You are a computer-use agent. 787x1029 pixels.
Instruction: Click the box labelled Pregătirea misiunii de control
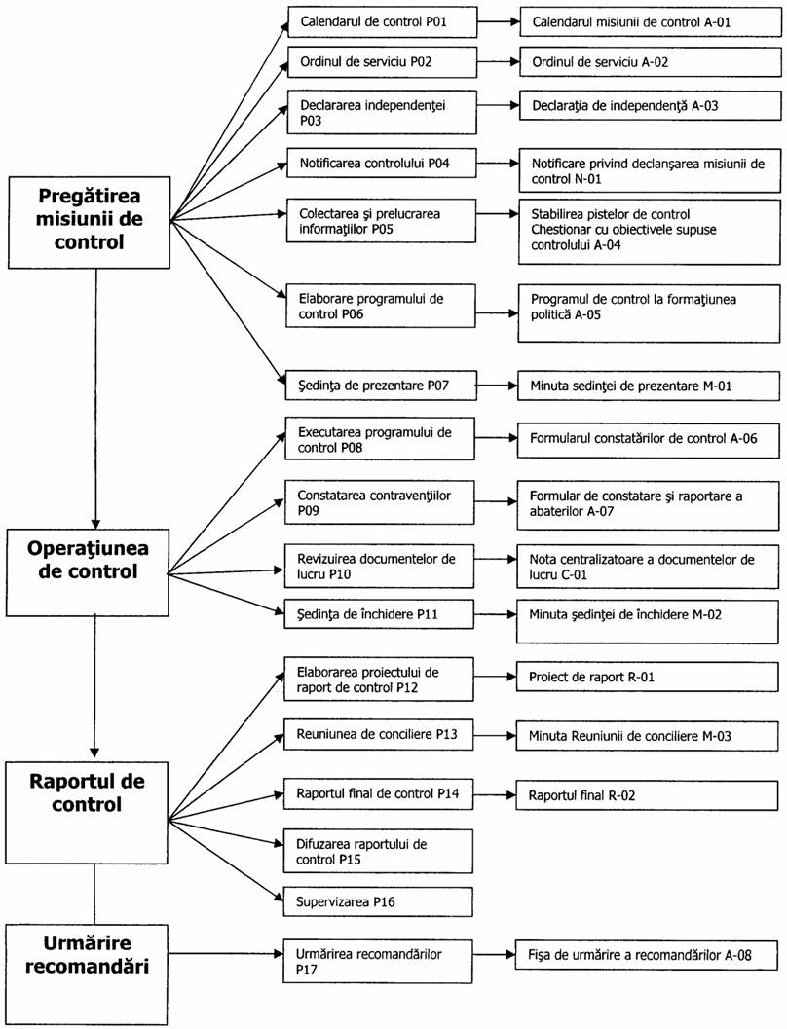tap(90, 222)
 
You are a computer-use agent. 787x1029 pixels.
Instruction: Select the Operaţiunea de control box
tap(88, 572)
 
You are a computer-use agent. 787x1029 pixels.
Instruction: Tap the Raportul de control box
tap(87, 813)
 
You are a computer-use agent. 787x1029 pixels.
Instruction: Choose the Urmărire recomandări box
tap(87, 974)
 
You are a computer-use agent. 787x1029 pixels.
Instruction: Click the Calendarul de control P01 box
tap(382, 21)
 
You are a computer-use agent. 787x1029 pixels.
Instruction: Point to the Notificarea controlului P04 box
tap(382, 163)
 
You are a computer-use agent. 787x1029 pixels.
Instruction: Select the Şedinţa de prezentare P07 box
tap(380, 386)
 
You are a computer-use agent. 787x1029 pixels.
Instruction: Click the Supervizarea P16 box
tap(378, 901)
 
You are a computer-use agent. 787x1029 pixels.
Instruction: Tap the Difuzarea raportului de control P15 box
tap(378, 851)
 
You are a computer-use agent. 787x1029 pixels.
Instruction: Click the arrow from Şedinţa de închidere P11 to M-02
tap(496, 615)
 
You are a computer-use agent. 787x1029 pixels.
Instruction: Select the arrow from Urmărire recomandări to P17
tap(226, 952)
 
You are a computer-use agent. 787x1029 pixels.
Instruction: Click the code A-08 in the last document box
tap(738, 955)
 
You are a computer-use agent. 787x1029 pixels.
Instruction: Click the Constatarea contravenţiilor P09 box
tap(380, 502)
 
